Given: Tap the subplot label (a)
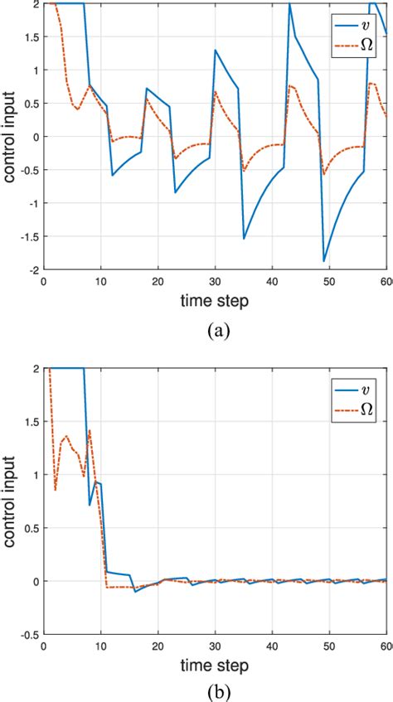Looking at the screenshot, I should (x=218, y=330).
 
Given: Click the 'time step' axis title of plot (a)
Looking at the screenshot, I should (x=216, y=302).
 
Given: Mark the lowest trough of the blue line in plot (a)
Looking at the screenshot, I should (x=323, y=261).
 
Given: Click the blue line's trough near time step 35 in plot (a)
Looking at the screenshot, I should (x=244, y=239).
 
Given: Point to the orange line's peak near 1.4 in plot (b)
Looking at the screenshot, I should (x=90, y=430).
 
